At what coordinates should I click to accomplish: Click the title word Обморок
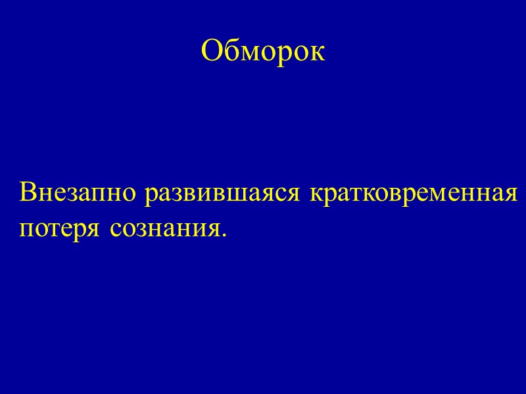263,51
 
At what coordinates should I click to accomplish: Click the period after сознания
223,235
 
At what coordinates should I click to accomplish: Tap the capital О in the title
211,51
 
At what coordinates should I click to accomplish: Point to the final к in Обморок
318,53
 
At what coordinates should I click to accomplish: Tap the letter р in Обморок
286,55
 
